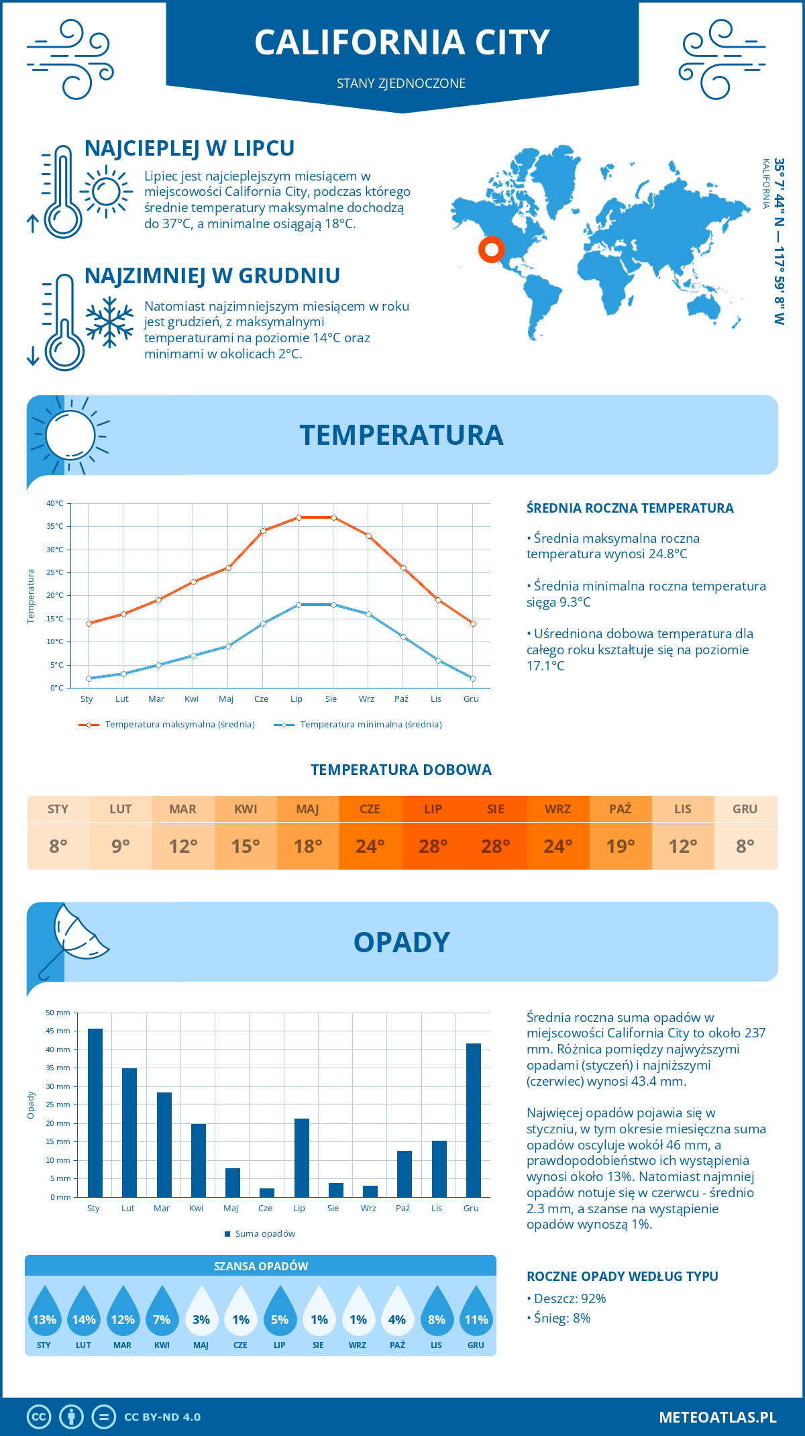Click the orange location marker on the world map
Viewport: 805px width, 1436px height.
pyautogui.click(x=492, y=250)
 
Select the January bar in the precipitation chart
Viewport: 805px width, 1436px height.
pyautogui.click(x=95, y=1113)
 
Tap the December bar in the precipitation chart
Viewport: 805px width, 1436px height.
pyautogui.click(x=474, y=1120)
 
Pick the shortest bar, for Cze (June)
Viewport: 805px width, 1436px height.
pyautogui.click(x=267, y=1192)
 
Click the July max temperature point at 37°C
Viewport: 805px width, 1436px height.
pyautogui.click(x=299, y=517)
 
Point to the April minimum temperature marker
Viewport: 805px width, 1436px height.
pyautogui.click(x=193, y=656)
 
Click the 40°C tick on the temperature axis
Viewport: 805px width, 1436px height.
pyautogui.click(x=55, y=503)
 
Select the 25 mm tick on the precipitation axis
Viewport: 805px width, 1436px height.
pyautogui.click(x=58, y=1105)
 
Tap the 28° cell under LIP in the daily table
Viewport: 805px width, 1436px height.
pyautogui.click(x=433, y=846)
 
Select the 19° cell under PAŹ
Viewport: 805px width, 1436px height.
pyautogui.click(x=621, y=846)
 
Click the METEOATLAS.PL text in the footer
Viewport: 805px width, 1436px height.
pyautogui.click(x=718, y=1417)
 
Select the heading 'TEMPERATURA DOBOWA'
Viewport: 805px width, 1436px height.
pyautogui.click(x=401, y=770)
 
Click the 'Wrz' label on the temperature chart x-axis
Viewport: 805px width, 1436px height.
pyautogui.click(x=366, y=699)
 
